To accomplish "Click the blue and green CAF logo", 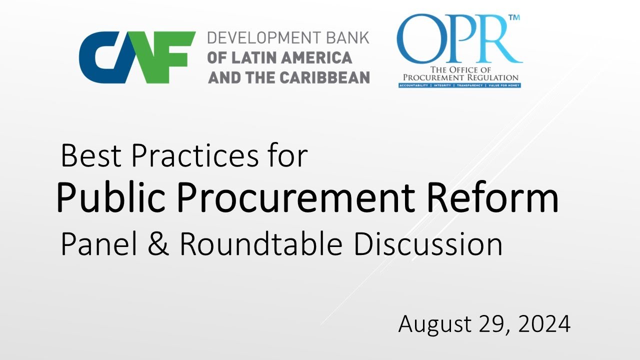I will pyautogui.click(x=137, y=57).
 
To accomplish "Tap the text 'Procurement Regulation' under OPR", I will pyautogui.click(x=458, y=77).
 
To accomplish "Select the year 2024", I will pyautogui.click(x=544, y=325).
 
